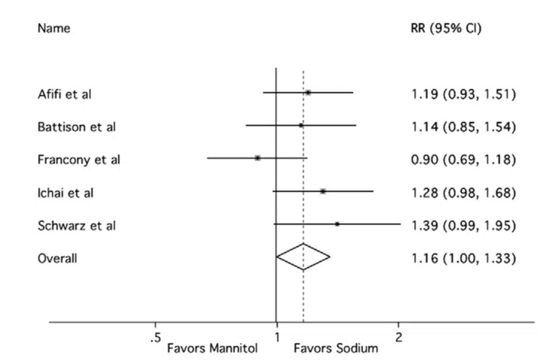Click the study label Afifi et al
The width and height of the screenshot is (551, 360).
point(64,94)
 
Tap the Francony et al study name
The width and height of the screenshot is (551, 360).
point(74,159)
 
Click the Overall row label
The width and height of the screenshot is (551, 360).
point(57,258)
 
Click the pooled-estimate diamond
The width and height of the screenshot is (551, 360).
point(303,256)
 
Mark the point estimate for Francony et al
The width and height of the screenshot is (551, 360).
point(257,158)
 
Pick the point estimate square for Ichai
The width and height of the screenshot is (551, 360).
point(323,191)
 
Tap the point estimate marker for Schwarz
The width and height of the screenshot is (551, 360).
point(337,224)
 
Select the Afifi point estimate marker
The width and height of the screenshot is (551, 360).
point(308,92)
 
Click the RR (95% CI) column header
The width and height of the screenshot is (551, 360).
point(446,30)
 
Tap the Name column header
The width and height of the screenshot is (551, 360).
point(53,30)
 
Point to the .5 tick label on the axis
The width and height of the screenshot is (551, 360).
point(154,336)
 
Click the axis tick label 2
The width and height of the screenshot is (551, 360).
point(398,336)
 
